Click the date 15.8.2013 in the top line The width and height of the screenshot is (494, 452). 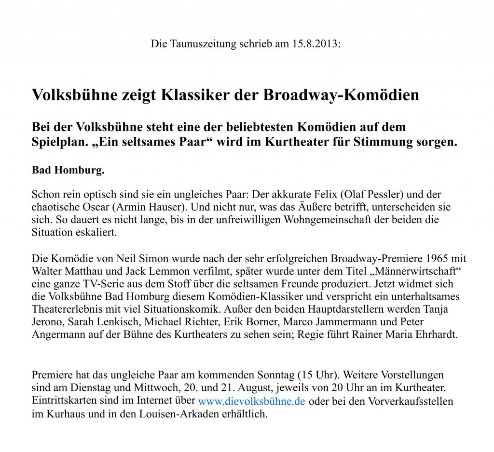pos(316,44)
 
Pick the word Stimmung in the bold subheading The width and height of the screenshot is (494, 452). pos(391,143)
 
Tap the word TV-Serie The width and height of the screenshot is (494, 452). pos(90,284)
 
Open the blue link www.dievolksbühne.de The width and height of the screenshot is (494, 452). pos(252,401)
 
